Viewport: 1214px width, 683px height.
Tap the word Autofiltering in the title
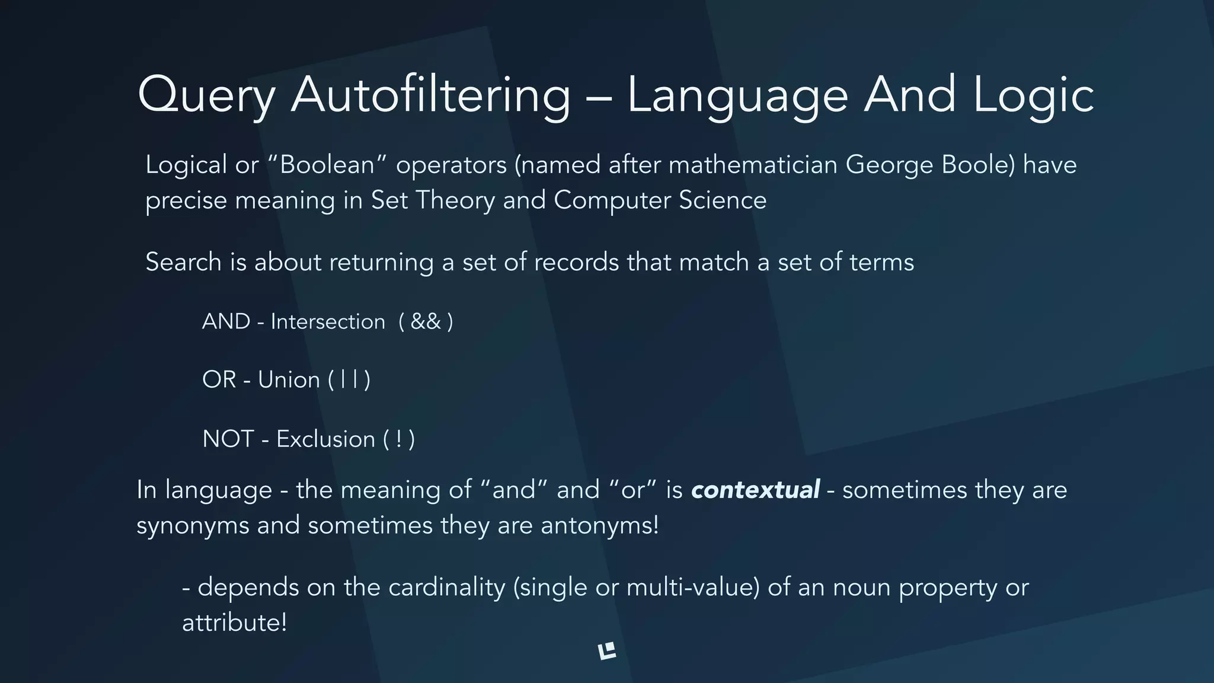coord(430,95)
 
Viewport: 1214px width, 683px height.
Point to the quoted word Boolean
coord(327,165)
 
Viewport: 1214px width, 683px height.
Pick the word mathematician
coord(753,165)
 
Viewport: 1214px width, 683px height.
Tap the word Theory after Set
coord(455,200)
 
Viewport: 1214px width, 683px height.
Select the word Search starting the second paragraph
coord(183,262)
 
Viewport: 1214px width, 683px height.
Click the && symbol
coord(426,321)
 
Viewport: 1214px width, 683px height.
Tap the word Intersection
coord(328,321)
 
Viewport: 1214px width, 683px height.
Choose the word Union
coord(289,380)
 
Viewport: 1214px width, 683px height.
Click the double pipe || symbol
coord(349,380)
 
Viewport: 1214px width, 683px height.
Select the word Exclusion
coord(325,439)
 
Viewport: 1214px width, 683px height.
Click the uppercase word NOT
coord(228,439)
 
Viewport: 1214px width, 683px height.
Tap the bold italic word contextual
coord(755,490)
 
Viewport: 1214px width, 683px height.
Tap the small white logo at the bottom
coord(607,651)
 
